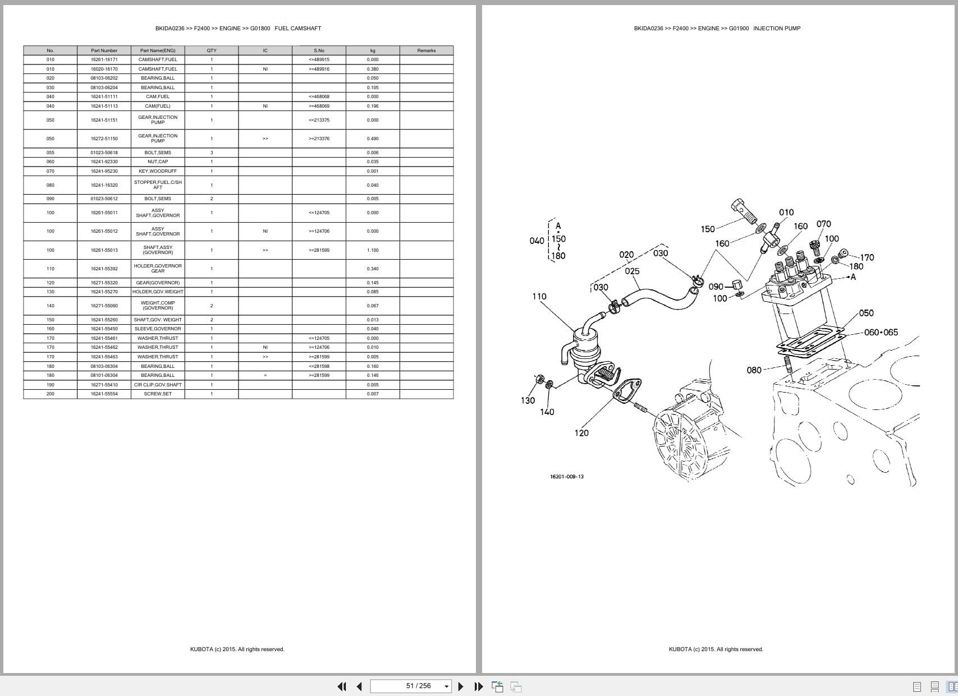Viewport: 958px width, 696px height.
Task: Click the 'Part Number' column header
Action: click(x=104, y=50)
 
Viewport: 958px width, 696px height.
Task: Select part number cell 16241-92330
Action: click(x=104, y=162)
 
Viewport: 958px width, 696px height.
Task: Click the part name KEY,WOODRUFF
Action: click(x=158, y=171)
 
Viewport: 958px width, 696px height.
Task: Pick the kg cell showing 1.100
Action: click(x=373, y=250)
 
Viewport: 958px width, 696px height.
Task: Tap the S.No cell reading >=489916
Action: click(x=319, y=69)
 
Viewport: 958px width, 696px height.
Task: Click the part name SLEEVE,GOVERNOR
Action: click(x=158, y=329)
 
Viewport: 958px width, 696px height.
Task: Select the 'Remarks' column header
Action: click(x=426, y=50)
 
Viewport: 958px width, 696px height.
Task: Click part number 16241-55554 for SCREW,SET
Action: click(x=104, y=394)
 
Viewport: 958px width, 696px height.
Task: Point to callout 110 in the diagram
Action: click(x=539, y=296)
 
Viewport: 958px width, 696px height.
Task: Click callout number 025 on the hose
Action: click(x=632, y=271)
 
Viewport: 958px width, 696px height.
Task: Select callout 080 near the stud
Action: click(x=754, y=370)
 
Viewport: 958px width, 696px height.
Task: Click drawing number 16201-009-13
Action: click(x=566, y=477)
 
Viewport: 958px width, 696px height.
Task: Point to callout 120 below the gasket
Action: click(x=581, y=432)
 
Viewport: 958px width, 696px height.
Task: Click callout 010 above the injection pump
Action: click(x=786, y=212)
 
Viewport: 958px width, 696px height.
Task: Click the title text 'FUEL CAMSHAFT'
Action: click(x=297, y=28)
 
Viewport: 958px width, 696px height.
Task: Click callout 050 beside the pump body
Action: click(x=866, y=313)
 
